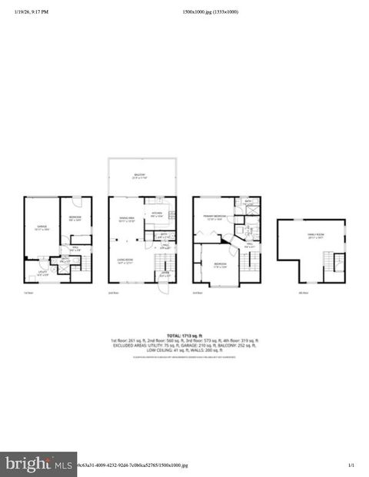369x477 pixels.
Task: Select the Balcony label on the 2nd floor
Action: pos(138,176)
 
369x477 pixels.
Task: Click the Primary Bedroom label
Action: pos(214,217)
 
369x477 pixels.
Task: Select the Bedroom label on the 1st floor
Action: pos(75,219)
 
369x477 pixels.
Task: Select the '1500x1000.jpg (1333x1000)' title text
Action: pos(210,12)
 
